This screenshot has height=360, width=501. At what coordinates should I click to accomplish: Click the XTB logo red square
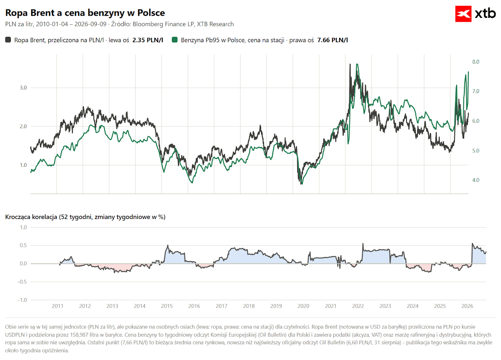[463, 14]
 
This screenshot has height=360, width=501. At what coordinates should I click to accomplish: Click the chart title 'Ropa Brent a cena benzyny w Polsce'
[85, 13]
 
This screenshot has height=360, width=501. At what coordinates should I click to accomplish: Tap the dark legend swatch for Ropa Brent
[8, 40]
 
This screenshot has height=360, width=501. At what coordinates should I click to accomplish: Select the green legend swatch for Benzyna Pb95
[175, 40]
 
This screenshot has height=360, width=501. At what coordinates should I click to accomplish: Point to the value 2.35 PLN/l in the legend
[148, 40]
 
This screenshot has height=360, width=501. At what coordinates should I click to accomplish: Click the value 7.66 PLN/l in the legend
[333, 40]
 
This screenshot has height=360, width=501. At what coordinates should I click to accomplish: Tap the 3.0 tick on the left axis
[23, 88]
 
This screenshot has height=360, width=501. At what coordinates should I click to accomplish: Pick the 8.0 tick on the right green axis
[476, 62]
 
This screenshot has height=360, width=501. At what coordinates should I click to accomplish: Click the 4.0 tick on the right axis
[476, 180]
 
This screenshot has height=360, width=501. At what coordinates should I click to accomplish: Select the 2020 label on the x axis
[303, 306]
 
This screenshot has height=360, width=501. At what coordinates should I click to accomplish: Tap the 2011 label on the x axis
[58, 306]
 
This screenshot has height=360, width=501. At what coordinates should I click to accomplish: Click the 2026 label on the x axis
[467, 306]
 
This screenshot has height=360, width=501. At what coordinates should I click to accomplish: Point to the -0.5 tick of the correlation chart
[22, 282]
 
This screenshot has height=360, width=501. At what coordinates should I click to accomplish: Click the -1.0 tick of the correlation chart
[22, 300]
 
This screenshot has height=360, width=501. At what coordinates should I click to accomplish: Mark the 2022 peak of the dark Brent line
[350, 64]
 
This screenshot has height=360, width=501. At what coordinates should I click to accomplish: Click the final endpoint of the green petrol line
[468, 72]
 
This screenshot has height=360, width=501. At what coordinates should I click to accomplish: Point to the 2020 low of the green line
[302, 184]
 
